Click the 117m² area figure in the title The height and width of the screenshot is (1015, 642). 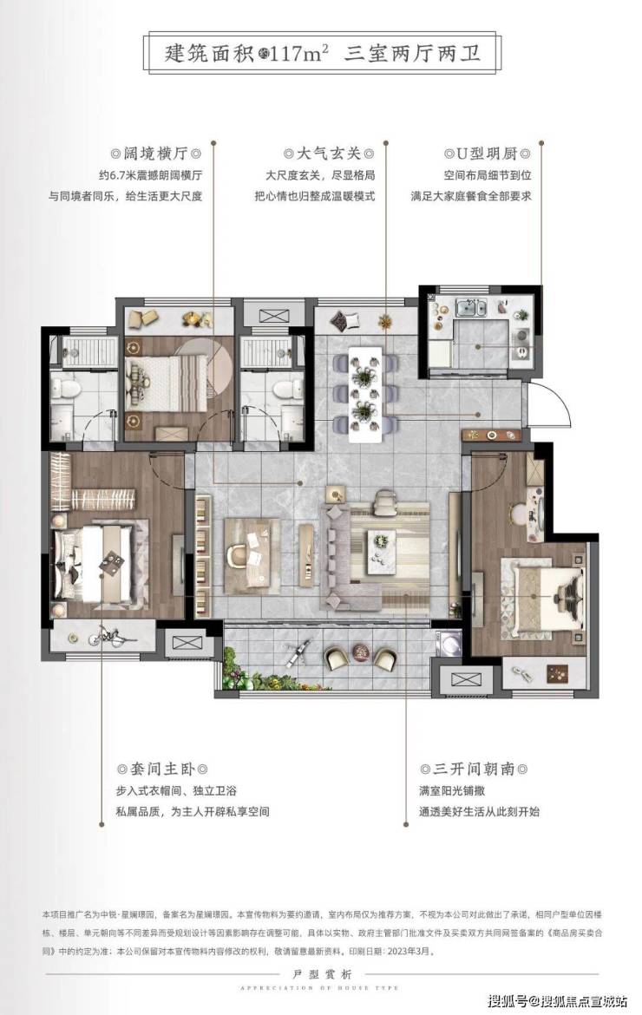click(x=299, y=53)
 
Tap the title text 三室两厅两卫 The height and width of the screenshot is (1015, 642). click(x=413, y=53)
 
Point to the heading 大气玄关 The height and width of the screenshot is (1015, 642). click(x=329, y=154)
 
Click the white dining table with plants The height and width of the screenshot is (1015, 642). click(x=364, y=394)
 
